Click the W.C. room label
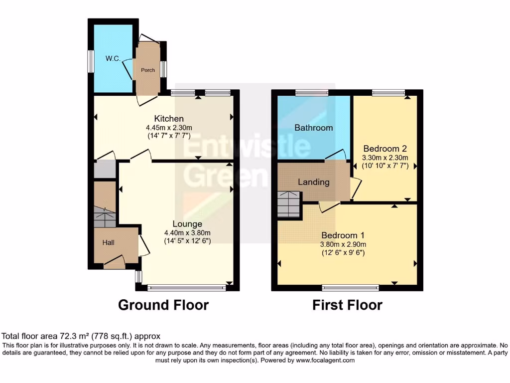[x=113, y=58]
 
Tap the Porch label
[x=148, y=70]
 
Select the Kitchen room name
[x=169, y=119]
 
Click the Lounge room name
[x=187, y=224]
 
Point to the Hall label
[x=109, y=242]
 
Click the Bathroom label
[x=313, y=128]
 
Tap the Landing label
[x=314, y=182]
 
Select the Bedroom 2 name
[x=385, y=148]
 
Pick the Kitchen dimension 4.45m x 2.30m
[x=169, y=128]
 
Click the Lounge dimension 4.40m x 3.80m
[x=187, y=233]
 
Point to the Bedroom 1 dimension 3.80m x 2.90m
[x=343, y=244]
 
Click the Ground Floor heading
[x=163, y=305]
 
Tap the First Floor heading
[x=347, y=305]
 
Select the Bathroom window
[x=309, y=92]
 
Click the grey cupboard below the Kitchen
[x=105, y=169]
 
